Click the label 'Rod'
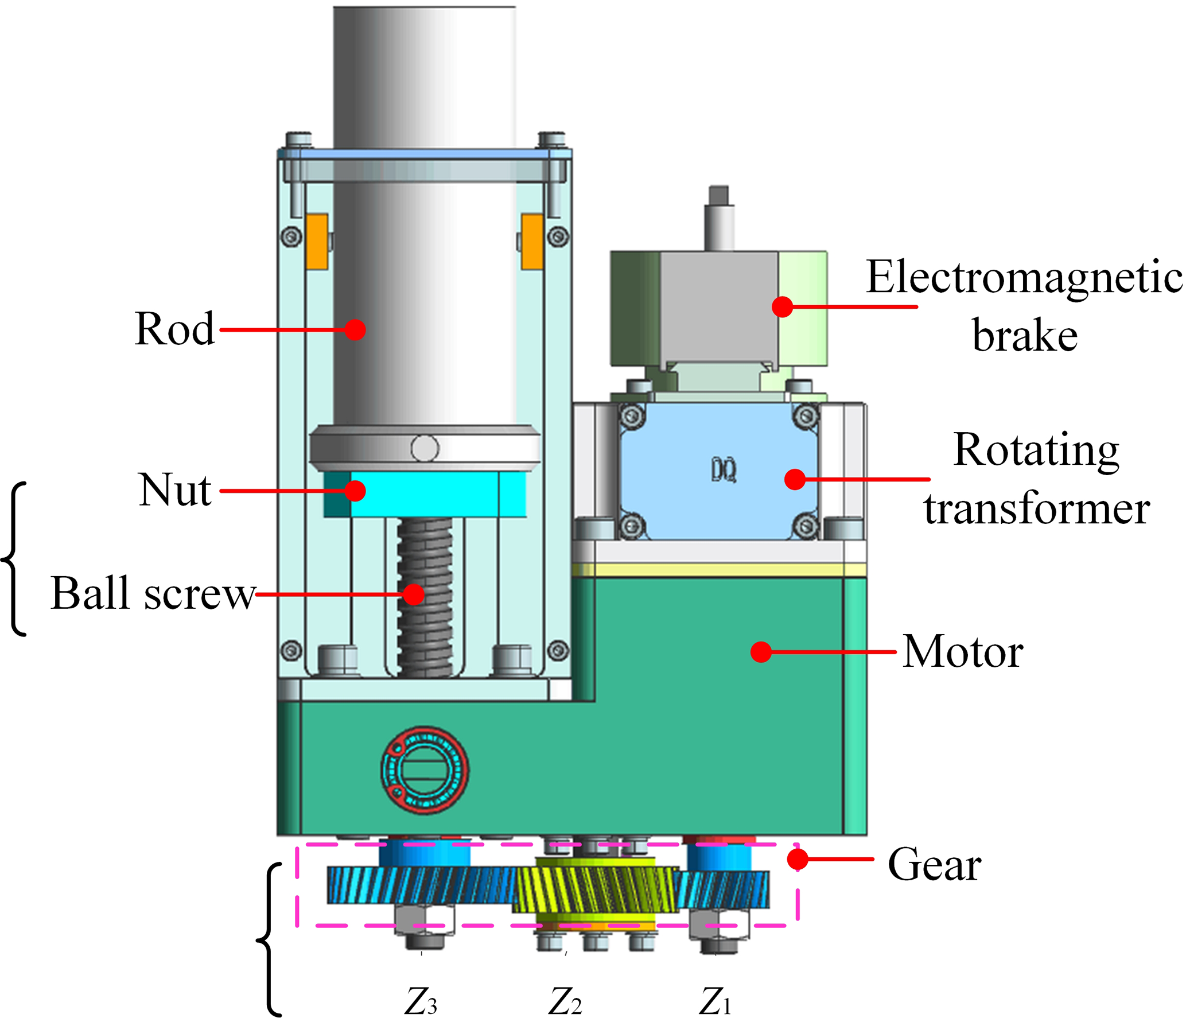174,329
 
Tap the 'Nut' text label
175,490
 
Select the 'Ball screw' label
153,593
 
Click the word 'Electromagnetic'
1024,277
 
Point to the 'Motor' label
962,652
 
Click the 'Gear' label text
934,865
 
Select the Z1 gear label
715,1001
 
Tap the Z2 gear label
565,1001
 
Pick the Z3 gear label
421,1001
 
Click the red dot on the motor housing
761,652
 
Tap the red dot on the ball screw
413,594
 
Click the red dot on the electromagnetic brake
782,306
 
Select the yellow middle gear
597,889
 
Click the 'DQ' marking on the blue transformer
724,471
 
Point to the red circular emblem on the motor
425,770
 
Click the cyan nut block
425,494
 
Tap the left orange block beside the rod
317,242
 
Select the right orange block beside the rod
532,242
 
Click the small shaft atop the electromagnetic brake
719,218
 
